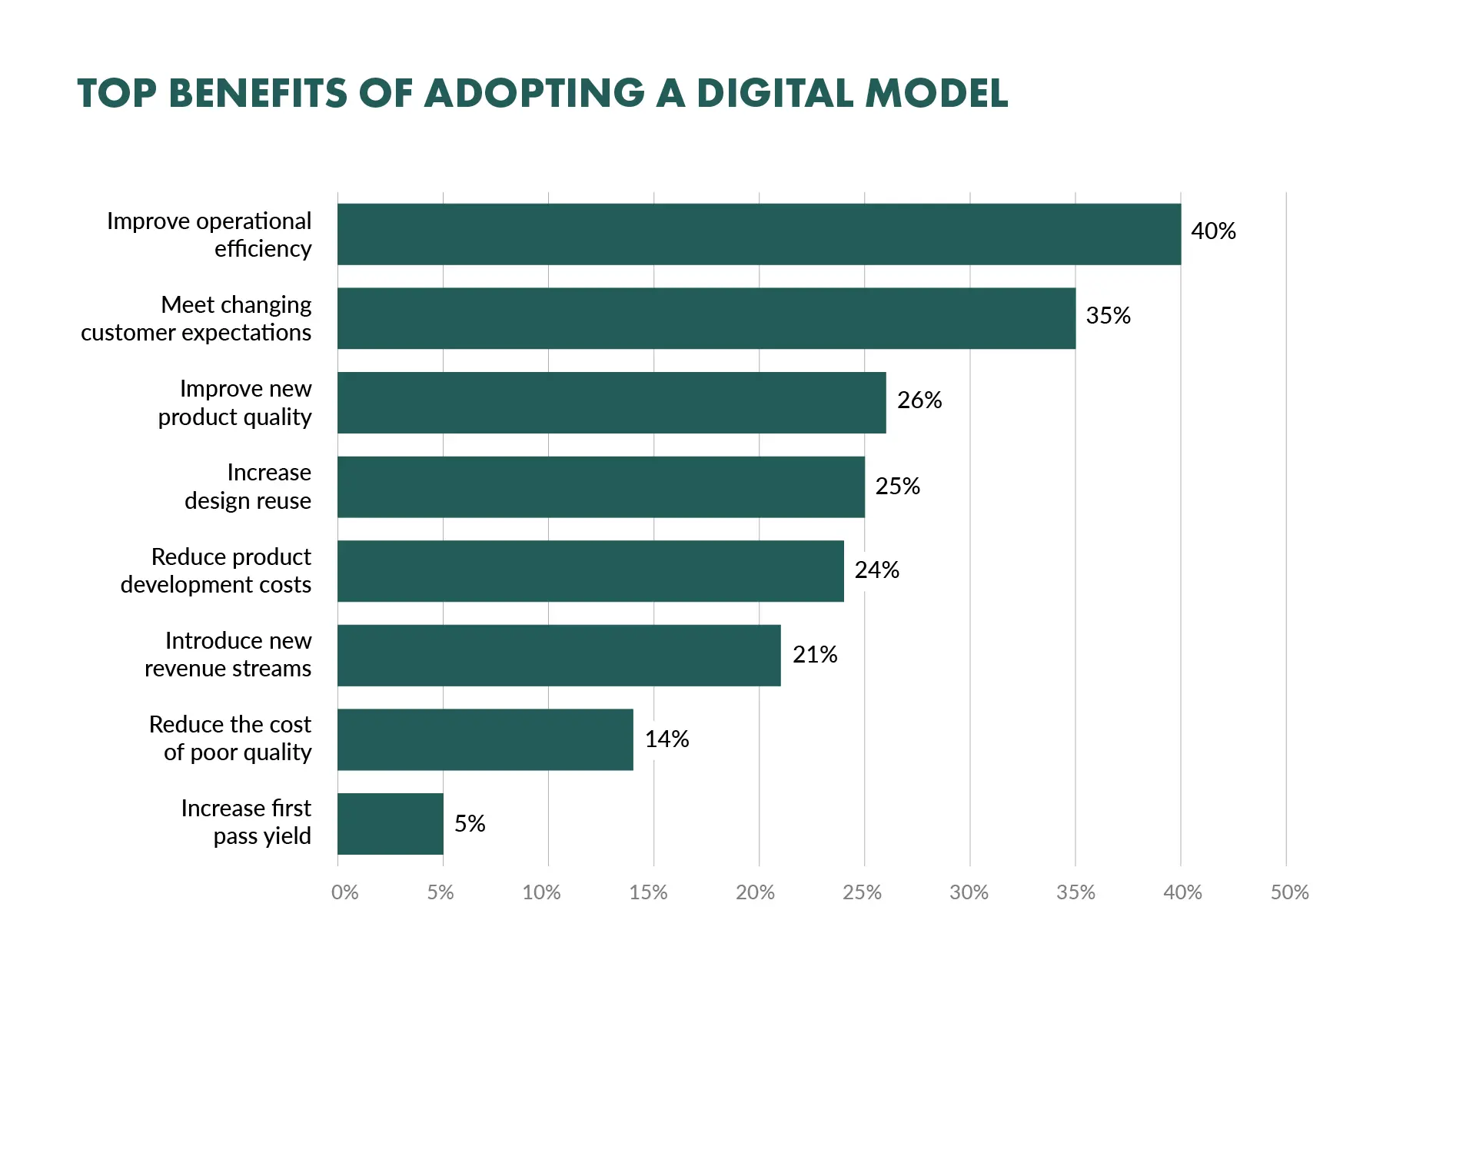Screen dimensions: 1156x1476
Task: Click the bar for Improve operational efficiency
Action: click(x=759, y=234)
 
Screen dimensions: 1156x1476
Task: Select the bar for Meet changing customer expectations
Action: click(x=706, y=318)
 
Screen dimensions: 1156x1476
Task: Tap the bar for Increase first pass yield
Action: click(x=390, y=823)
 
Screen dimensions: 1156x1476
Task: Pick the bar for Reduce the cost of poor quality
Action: click(x=485, y=739)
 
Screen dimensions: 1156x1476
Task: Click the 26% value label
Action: click(x=919, y=400)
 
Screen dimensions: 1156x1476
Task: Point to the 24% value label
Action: click(x=876, y=570)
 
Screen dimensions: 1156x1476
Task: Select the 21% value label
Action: click(x=814, y=655)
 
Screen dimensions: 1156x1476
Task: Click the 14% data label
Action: click(x=667, y=739)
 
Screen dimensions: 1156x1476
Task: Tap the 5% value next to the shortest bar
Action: click(x=469, y=824)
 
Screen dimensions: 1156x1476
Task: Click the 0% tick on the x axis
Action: click(x=344, y=892)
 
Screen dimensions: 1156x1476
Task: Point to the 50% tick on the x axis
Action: click(x=1289, y=892)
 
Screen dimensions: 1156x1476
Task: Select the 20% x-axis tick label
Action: click(x=755, y=892)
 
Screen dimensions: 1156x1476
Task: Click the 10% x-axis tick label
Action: click(x=541, y=892)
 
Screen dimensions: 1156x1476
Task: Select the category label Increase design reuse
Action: click(x=248, y=487)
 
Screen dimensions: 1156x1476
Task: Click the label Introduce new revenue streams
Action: click(x=228, y=654)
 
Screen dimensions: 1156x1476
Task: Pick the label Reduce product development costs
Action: click(x=216, y=570)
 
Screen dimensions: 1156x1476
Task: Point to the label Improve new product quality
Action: click(x=235, y=403)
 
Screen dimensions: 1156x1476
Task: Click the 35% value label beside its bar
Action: click(x=1108, y=316)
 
